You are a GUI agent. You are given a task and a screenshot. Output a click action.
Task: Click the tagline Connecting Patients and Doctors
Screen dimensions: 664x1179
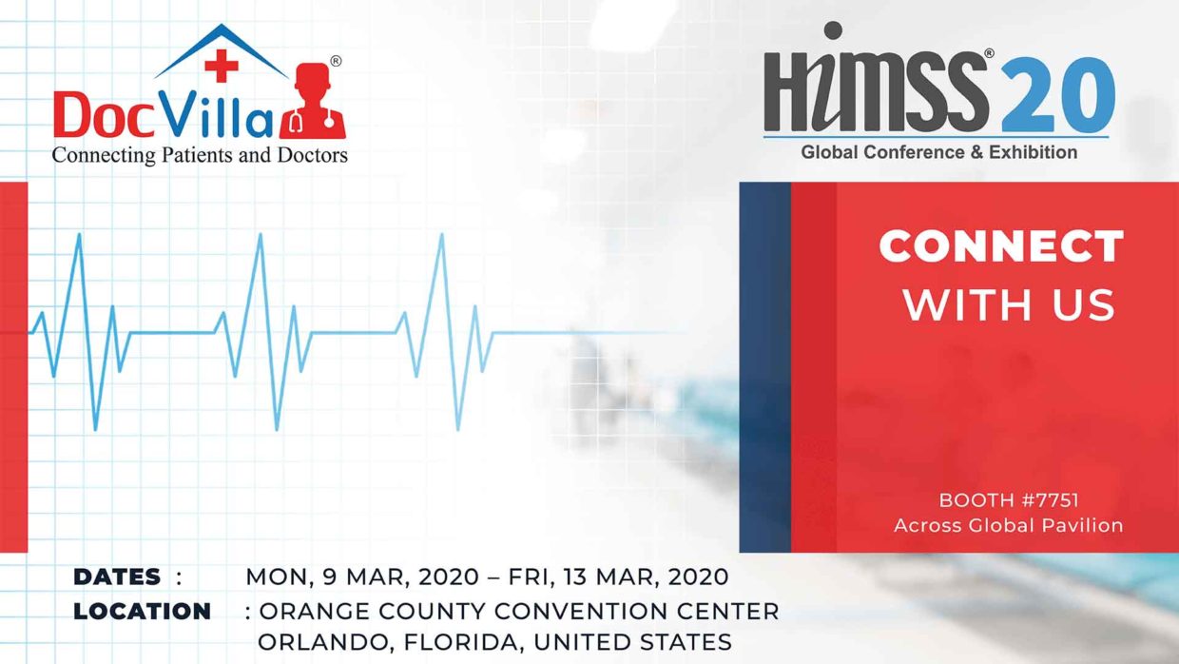click(x=200, y=154)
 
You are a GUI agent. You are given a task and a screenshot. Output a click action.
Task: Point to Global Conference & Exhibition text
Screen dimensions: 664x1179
click(x=938, y=152)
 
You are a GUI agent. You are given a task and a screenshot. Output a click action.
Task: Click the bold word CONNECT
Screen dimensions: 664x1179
click(x=1001, y=247)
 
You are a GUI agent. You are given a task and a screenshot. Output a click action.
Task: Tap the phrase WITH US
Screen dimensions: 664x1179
click(x=1009, y=304)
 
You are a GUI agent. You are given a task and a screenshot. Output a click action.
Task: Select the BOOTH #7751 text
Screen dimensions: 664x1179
click(x=1009, y=499)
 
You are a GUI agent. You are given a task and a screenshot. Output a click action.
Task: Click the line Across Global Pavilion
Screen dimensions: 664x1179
click(x=1009, y=525)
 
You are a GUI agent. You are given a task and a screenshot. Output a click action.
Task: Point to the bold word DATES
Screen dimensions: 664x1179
click(x=117, y=576)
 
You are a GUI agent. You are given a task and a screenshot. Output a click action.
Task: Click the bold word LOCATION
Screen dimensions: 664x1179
click(x=143, y=611)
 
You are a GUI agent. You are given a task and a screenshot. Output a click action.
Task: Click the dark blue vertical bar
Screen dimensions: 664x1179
click(x=764, y=366)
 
